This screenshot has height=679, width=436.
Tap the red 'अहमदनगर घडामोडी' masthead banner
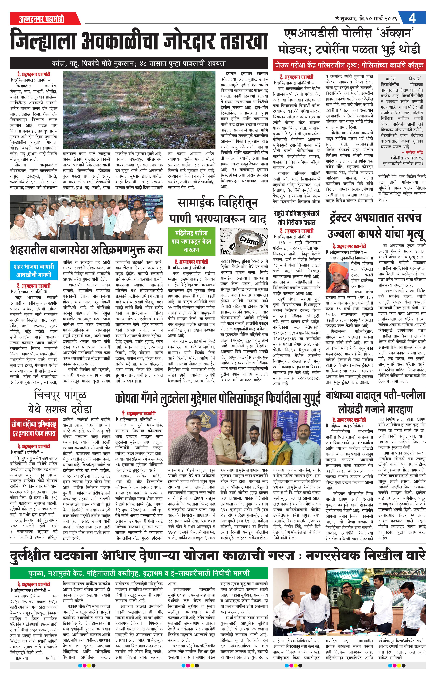(x=42, y=19)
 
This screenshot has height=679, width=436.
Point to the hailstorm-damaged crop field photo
(x=139, y=110)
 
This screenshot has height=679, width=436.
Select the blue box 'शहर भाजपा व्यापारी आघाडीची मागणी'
(x=33, y=270)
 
